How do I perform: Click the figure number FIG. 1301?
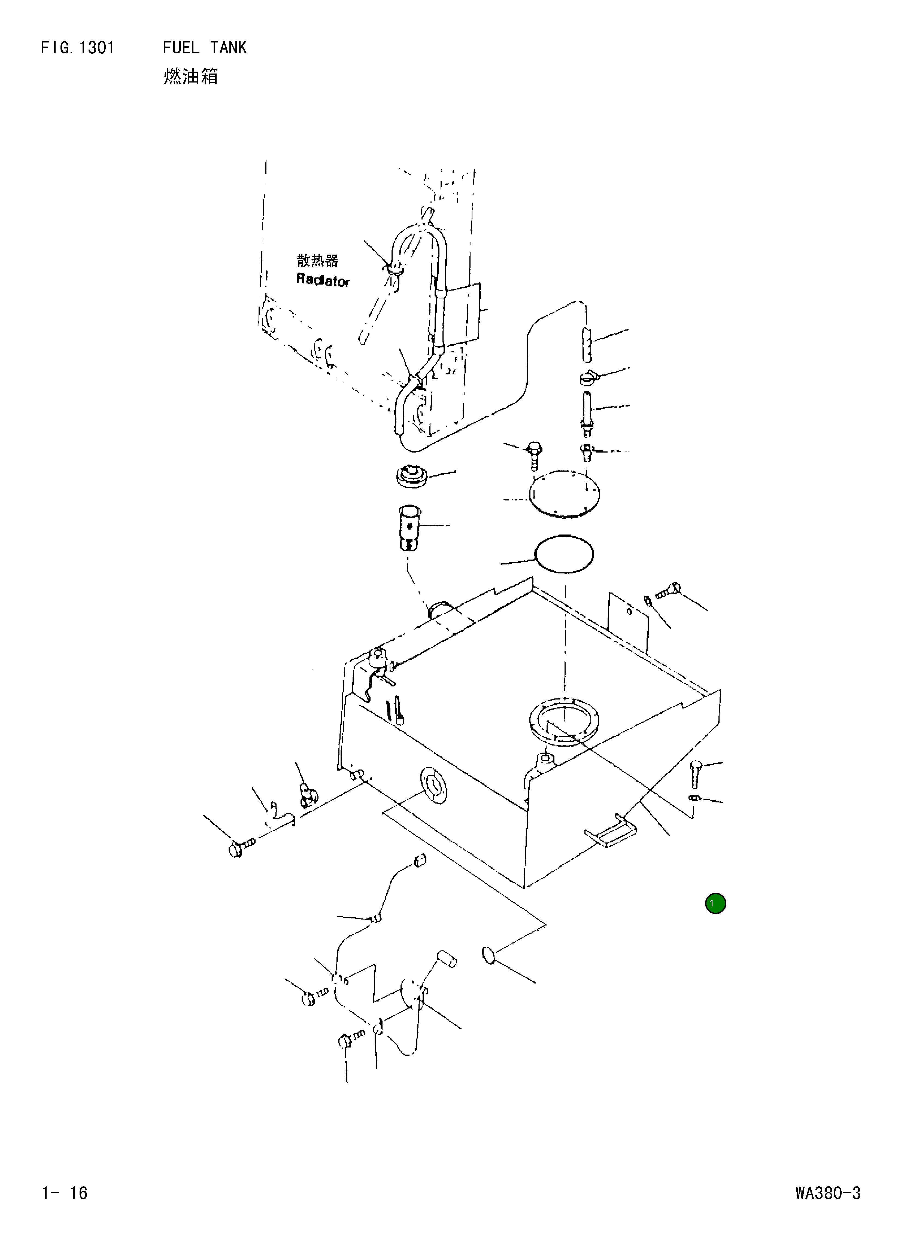[x=78, y=48]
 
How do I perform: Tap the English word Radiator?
[x=323, y=280]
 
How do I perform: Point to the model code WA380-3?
[x=828, y=1192]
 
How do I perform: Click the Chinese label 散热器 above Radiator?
[x=317, y=260]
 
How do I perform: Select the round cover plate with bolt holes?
[x=564, y=494]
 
